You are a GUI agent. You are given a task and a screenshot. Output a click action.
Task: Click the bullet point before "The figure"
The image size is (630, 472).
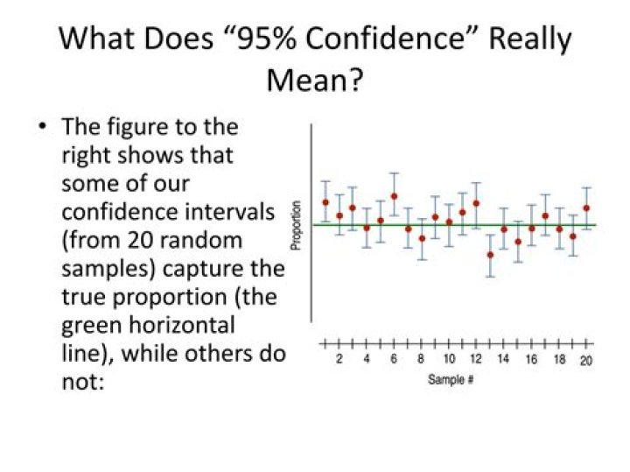(x=41, y=127)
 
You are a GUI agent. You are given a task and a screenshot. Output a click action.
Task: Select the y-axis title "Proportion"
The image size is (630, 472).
(x=297, y=226)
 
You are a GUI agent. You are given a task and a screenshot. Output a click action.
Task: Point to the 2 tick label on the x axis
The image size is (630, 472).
(x=339, y=360)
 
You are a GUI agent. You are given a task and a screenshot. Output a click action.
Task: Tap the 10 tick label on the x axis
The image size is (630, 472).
(x=448, y=360)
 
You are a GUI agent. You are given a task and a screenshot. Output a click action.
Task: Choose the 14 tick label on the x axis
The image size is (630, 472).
(x=503, y=360)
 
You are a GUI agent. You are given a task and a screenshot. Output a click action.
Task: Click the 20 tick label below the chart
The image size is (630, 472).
(x=585, y=360)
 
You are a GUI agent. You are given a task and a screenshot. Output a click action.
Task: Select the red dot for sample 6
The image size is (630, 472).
(x=394, y=196)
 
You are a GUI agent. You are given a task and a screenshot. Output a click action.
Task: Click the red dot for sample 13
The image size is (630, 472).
(x=490, y=255)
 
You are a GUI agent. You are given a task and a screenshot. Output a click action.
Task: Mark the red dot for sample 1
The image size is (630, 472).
(x=325, y=202)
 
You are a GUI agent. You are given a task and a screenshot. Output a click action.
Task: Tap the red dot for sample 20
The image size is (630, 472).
(x=586, y=208)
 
